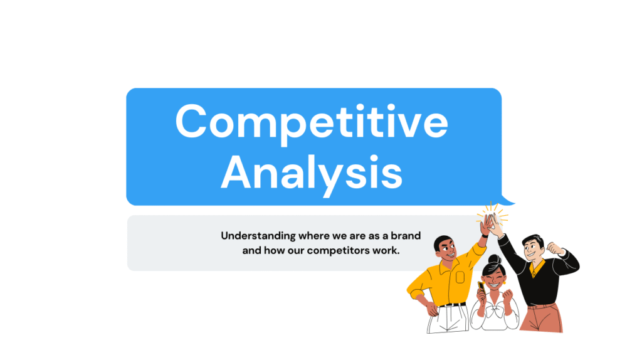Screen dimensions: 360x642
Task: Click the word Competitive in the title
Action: (312, 122)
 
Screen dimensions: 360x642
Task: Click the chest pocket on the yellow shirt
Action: (460, 277)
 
